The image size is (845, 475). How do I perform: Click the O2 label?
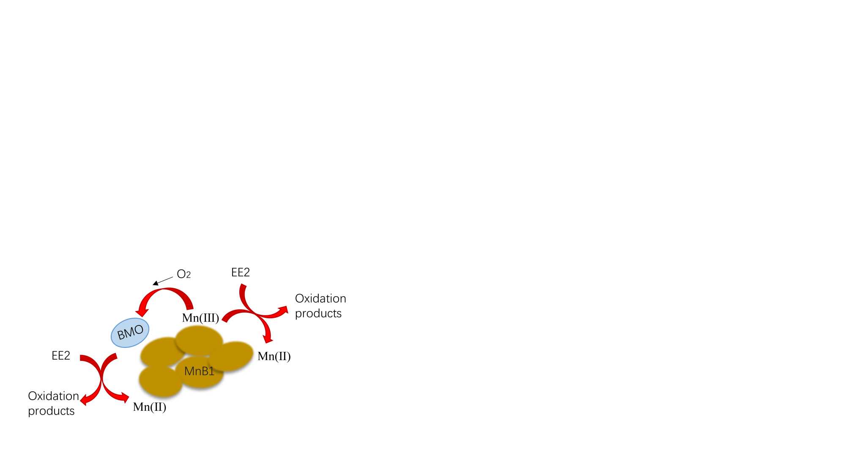pos(183,274)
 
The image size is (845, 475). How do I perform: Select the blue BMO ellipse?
pos(130,333)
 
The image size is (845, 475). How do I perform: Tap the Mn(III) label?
pos(200,318)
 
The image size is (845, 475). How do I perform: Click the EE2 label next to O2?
pos(241,273)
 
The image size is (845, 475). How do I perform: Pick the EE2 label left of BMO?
pos(61,356)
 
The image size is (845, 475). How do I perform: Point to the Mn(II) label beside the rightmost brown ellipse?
pos(274,356)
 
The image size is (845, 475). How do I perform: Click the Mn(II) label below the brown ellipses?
pos(150,407)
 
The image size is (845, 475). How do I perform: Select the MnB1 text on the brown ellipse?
pos(199,371)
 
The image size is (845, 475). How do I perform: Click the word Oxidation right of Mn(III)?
pos(320,299)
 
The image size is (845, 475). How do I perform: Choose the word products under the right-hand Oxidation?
pos(318,314)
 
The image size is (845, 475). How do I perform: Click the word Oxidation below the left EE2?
pos(53,396)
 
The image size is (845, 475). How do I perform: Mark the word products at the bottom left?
pos(51,411)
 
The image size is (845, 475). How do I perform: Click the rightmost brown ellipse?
pos(232,356)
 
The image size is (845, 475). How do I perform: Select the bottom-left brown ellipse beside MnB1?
pos(160,381)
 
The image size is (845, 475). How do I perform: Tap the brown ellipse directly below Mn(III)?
pos(199,341)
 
